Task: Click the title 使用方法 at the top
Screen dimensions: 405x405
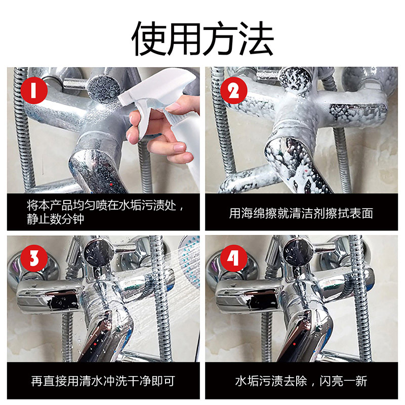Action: [202, 38]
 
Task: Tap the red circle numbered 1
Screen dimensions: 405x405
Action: [34, 91]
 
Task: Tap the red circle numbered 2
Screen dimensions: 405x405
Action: [234, 91]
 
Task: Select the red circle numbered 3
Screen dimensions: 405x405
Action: [34, 258]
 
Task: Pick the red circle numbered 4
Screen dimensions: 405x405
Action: [234, 258]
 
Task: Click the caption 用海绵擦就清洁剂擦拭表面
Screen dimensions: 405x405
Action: [301, 213]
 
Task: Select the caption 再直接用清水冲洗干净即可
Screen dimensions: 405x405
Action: [103, 381]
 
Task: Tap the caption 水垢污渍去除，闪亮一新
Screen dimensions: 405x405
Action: [301, 381]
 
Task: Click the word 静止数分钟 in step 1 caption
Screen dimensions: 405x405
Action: [56, 219]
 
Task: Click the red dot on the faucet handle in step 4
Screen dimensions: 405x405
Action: [294, 344]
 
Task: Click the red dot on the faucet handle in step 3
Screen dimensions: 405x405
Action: [95, 344]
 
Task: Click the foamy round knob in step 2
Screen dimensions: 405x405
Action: [295, 79]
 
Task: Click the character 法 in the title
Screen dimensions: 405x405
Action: [256, 38]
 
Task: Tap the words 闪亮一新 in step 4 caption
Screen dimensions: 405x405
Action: [343, 381]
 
